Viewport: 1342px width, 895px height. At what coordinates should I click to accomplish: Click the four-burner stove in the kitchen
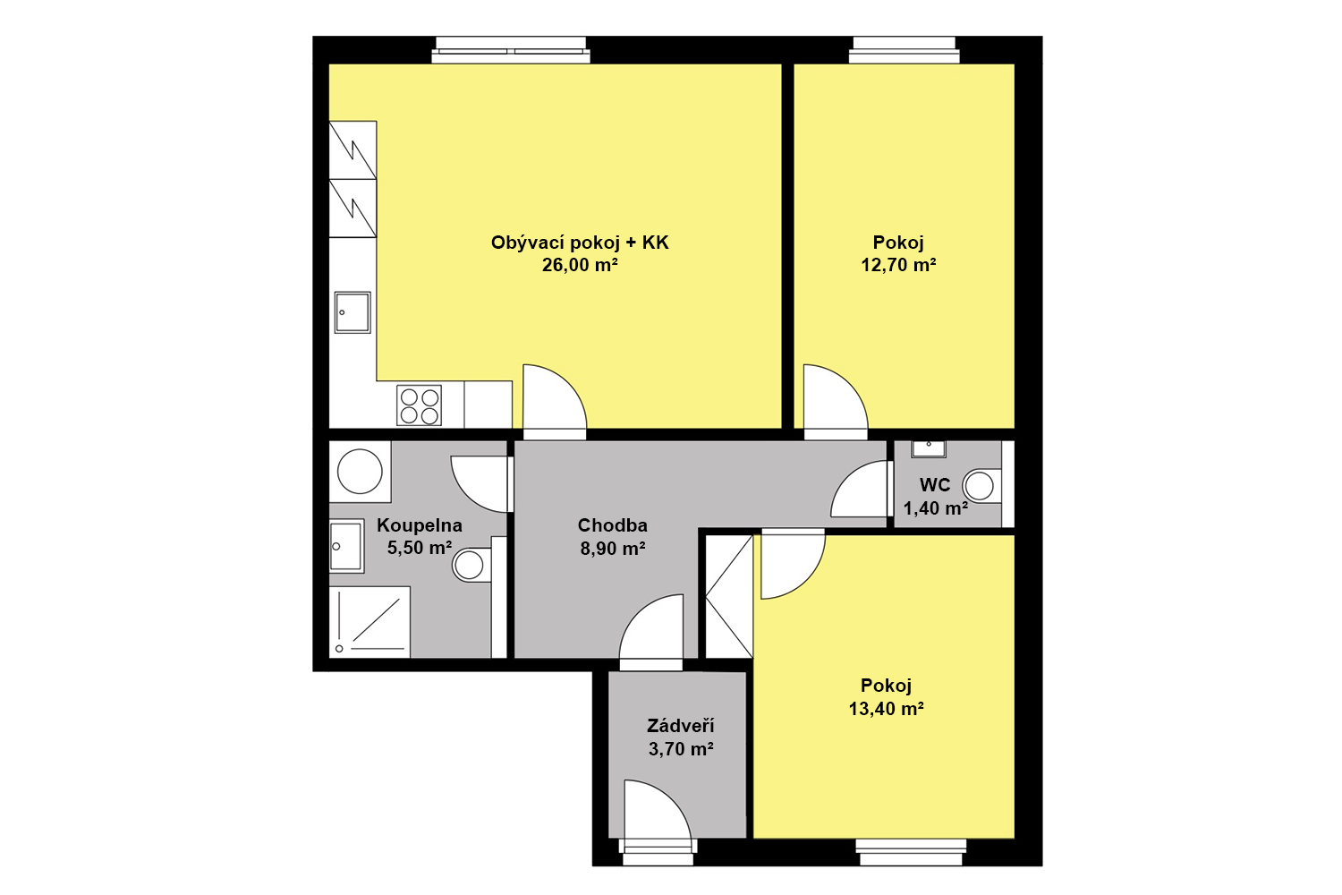419,405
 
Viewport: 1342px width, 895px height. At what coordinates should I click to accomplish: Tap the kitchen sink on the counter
352,312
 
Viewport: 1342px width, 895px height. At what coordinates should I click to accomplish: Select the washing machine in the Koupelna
360,472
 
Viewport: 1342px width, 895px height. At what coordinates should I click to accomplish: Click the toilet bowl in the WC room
982,486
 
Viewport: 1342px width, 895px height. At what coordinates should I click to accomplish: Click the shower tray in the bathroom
369,622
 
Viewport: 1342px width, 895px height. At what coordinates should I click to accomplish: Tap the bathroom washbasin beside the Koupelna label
346,546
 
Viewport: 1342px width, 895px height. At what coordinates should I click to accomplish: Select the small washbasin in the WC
929,448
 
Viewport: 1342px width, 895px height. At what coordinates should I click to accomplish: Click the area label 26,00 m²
580,265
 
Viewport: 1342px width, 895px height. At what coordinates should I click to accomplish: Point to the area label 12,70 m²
898,265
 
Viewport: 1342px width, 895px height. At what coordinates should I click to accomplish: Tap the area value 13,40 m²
886,709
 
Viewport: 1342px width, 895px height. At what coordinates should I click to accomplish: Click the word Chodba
612,525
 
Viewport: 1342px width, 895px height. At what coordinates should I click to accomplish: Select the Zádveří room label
681,726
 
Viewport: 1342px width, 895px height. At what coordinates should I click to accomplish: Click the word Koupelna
420,525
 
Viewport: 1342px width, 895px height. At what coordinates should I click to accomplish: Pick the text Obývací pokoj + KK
580,243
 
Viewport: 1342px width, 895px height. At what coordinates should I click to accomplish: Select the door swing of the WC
859,490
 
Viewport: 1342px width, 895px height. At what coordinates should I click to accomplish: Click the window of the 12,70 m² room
904,50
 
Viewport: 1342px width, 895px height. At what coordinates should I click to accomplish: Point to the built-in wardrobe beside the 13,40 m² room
728,596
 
